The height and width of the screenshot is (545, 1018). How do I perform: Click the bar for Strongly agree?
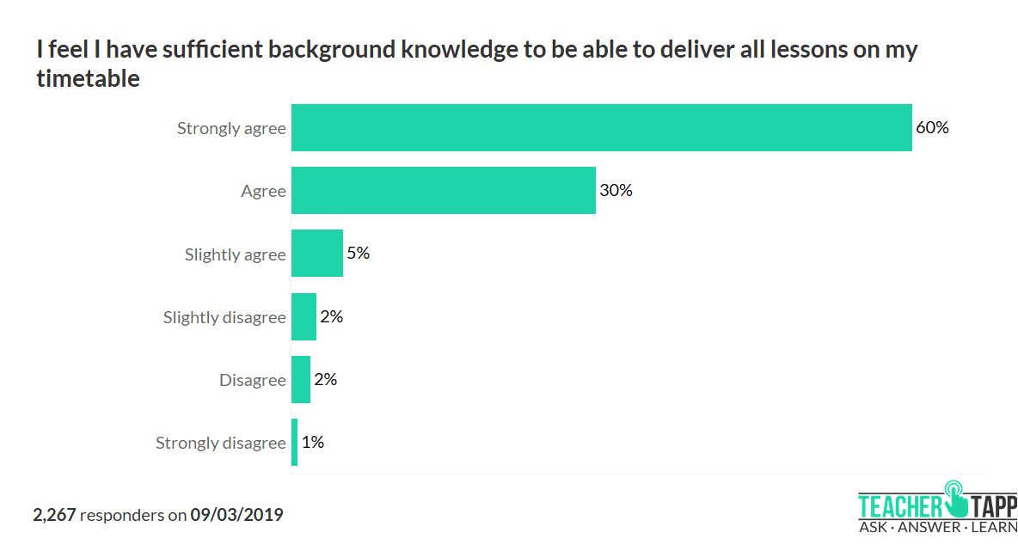point(601,127)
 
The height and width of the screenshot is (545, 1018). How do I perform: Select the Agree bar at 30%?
point(443,190)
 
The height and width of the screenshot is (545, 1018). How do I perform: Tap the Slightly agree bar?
point(316,254)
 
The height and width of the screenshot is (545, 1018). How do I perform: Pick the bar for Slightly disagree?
point(304,316)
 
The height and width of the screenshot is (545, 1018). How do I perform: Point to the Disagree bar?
point(301,379)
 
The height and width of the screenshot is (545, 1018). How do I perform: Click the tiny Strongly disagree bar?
point(294,443)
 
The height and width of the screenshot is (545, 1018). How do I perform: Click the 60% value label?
point(932,128)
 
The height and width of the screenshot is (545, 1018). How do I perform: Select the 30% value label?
point(616,191)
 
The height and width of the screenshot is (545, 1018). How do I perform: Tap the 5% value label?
point(358,254)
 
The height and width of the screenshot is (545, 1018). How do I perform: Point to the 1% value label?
point(312,443)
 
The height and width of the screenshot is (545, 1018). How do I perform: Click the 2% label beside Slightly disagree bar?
point(331,316)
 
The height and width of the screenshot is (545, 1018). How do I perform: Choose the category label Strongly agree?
point(231,129)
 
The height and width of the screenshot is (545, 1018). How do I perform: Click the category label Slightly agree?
point(235,255)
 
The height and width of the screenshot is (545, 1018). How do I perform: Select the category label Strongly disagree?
point(220,444)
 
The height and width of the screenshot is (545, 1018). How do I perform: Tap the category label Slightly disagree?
point(224,318)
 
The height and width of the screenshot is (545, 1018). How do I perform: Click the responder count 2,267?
point(54,516)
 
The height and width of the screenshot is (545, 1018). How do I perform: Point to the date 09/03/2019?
point(236,516)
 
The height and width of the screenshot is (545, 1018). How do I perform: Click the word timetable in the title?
point(88,78)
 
